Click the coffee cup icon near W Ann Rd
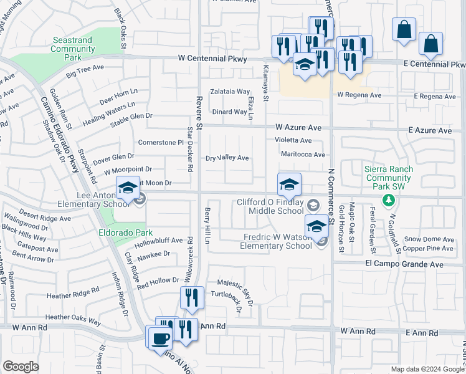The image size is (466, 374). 159,338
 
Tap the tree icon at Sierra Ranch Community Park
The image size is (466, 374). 389,199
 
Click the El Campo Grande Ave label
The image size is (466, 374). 404,264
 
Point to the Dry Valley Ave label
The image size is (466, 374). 227,158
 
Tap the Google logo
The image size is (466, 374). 21,366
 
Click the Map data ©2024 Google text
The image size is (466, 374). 427,369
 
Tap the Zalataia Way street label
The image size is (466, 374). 230,91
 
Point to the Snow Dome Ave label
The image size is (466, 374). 429,239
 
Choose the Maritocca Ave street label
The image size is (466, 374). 303,155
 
